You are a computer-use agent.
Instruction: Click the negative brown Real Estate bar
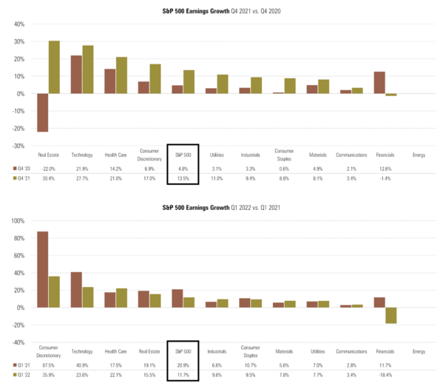pyautogui.click(x=43, y=112)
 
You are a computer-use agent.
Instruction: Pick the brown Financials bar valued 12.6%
pyautogui.click(x=379, y=83)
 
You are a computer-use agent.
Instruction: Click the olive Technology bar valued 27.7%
pyautogui.click(x=87, y=70)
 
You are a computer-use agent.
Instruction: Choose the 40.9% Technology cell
pyautogui.click(x=82, y=365)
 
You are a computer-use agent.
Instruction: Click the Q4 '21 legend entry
pyautogui.click(x=22, y=178)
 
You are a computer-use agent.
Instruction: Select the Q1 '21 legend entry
pyautogui.click(x=22, y=365)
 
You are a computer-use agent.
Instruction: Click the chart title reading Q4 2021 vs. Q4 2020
pyautogui.click(x=222, y=10)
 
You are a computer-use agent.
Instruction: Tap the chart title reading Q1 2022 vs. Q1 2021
pyautogui.click(x=222, y=209)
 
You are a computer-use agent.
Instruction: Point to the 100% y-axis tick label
pyautogui.click(x=16, y=221)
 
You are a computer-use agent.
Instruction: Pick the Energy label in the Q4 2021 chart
pyautogui.click(x=418, y=156)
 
